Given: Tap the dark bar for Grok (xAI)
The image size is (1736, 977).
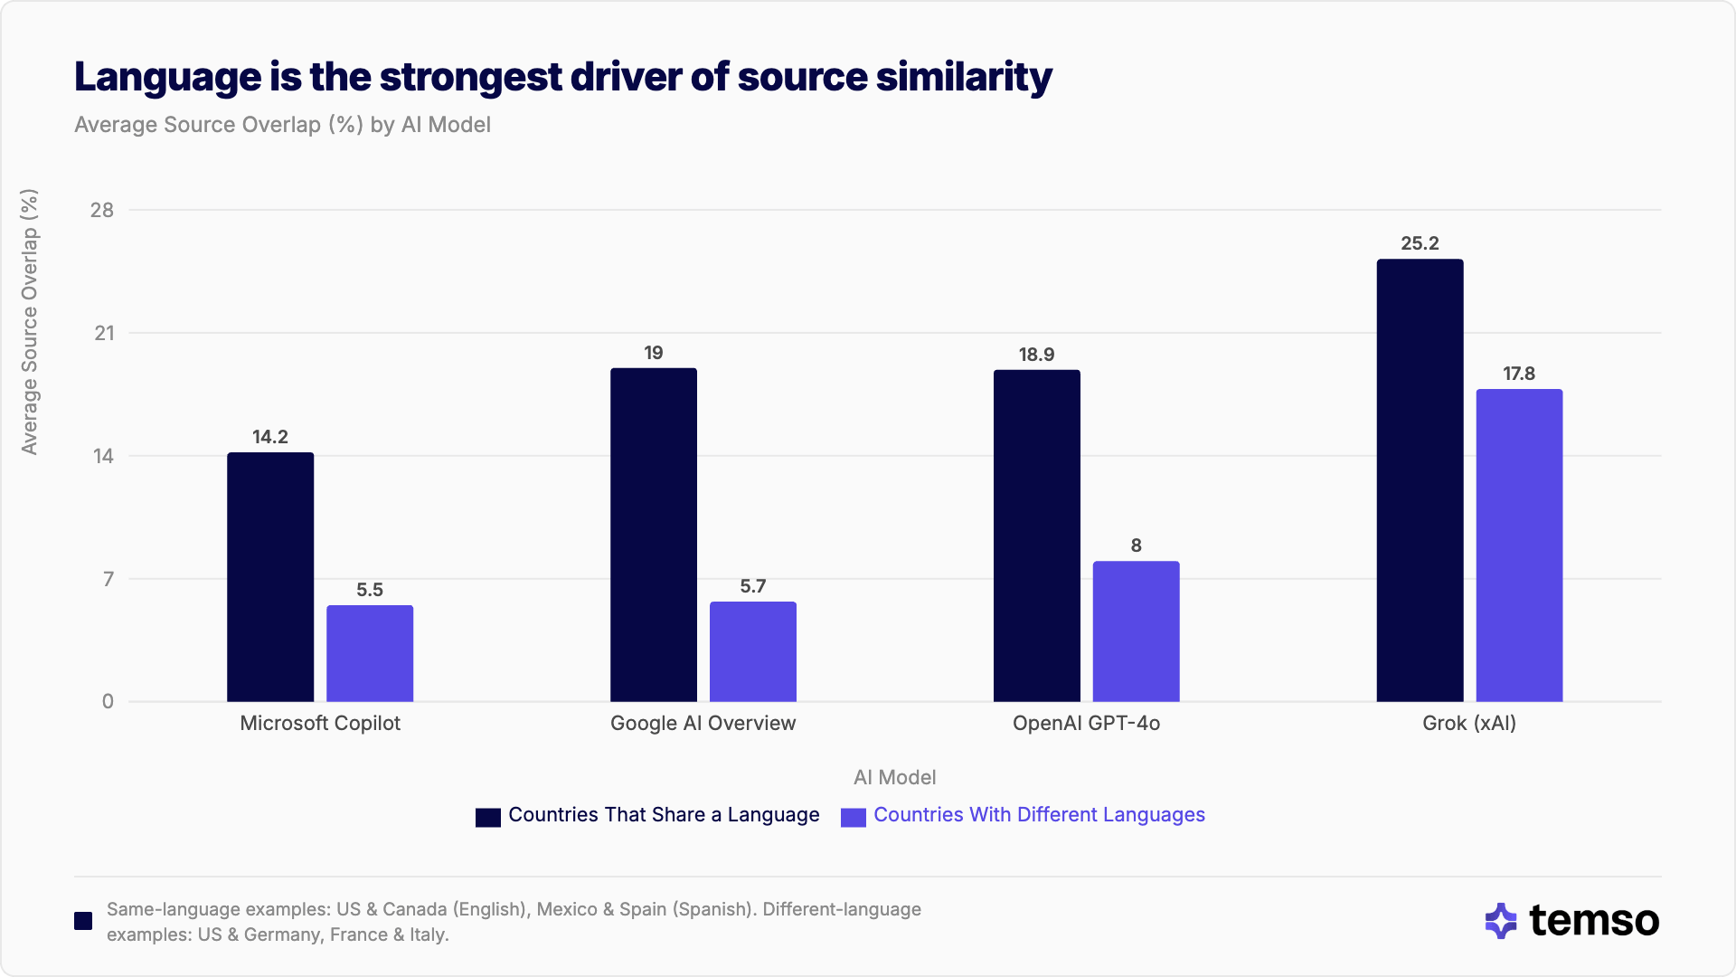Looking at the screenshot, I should tap(1420, 480).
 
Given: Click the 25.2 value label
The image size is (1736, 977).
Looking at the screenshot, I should tap(1420, 243).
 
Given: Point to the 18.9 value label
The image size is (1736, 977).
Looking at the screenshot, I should tap(1036, 355).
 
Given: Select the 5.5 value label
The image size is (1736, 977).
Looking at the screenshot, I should tap(369, 590).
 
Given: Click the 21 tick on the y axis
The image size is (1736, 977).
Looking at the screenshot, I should tap(104, 333).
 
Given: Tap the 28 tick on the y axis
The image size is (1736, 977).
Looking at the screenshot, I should tap(102, 210).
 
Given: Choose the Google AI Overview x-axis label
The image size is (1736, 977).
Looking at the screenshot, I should tap(703, 723).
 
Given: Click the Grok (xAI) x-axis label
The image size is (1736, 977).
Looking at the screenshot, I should tap(1468, 723).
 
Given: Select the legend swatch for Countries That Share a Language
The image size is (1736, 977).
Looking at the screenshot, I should tap(488, 817).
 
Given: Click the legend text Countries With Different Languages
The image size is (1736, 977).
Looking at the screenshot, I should tap(1039, 814).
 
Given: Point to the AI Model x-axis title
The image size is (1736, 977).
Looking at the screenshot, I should tap(894, 777).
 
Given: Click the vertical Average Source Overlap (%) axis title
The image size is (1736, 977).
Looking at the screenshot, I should tap(30, 321).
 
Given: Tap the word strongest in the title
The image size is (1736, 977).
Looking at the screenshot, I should tap(470, 77).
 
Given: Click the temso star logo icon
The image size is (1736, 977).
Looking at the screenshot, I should tap(1501, 921).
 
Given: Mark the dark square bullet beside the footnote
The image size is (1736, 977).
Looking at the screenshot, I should tap(83, 921).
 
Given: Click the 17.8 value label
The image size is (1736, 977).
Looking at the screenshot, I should tap(1519, 374).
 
